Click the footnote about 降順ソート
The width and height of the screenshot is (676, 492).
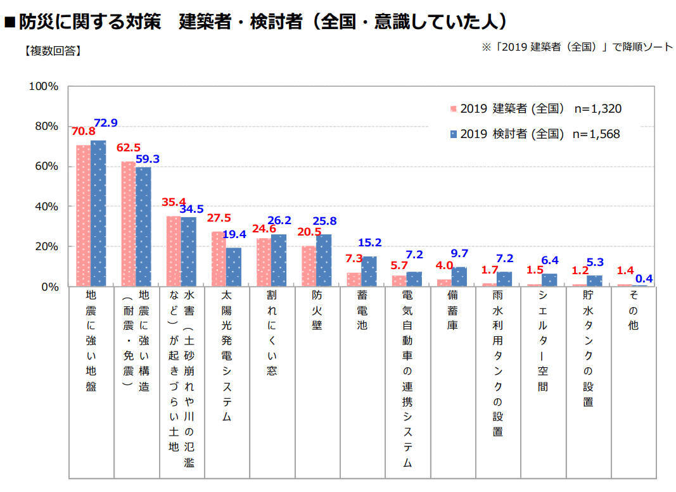pyautogui.click(x=577, y=47)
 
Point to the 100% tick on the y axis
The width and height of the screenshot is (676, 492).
pyautogui.click(x=44, y=86)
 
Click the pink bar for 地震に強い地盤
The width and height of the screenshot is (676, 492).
pyautogui.click(x=84, y=215)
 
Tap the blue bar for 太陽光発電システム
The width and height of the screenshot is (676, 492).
pyautogui.click(x=234, y=267)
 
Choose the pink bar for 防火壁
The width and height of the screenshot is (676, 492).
pyautogui.click(x=309, y=266)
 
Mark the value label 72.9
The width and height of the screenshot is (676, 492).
pyautogui.click(x=106, y=123)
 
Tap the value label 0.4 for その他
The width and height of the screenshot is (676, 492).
pyautogui.click(x=643, y=278)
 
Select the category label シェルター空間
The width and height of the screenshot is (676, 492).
pyautogui.click(x=543, y=343)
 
